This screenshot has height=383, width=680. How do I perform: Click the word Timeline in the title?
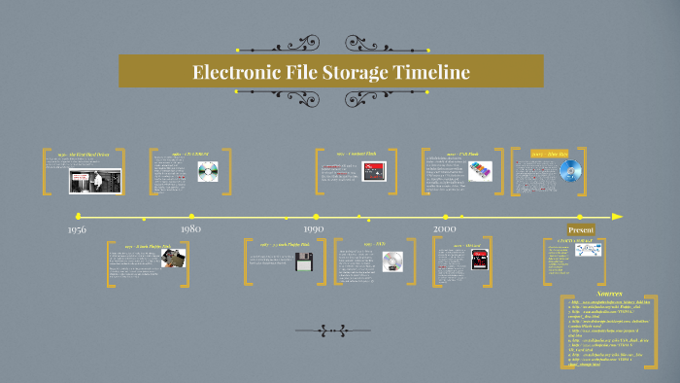coord(427,72)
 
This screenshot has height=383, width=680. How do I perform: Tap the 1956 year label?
coord(78,229)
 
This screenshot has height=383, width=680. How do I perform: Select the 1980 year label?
coord(190,228)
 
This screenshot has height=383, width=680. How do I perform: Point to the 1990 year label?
coord(313,228)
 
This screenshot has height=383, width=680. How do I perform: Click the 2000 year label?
coord(445,227)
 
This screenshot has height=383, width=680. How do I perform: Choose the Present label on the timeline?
coord(580,229)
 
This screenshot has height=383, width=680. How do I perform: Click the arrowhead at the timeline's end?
coord(617,216)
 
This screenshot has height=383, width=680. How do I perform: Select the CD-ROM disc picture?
coord(207,172)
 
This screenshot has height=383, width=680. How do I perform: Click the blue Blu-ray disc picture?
coord(569,170)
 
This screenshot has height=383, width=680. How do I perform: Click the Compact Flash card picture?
coord(374,172)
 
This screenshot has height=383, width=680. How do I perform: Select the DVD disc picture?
coord(392,261)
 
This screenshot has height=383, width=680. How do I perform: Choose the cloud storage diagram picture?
coord(589,250)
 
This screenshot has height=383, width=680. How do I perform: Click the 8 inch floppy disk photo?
coord(173,258)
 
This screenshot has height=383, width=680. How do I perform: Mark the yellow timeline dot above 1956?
coord(78,216)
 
